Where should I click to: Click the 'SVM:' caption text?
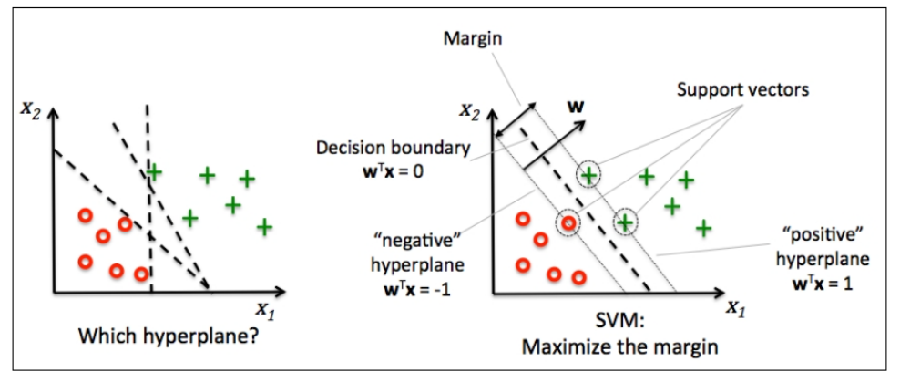pos(608,326)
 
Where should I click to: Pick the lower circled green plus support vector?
pos(625,220)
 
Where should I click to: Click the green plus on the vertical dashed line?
pos(154,171)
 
